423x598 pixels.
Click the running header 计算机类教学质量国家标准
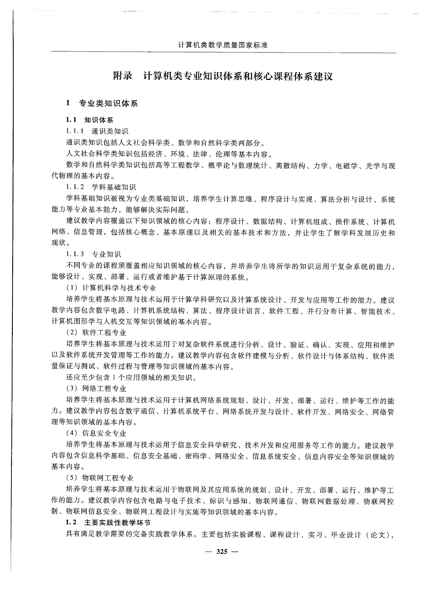pyautogui.click(x=223, y=45)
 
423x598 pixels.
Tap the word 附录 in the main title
pyautogui.click(x=123, y=76)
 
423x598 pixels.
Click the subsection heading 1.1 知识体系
pyautogui.click(x=89, y=120)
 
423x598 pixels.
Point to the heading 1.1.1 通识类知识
pyautogui.click(x=97, y=131)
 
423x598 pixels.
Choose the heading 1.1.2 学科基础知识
pyautogui.click(x=101, y=187)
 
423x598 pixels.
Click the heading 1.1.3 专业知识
pyautogui.click(x=93, y=254)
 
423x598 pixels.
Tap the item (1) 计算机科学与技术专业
pyautogui.click(x=111, y=288)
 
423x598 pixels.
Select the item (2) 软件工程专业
pyautogui.click(x=96, y=333)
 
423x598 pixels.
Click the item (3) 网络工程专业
pyautogui.click(x=96, y=389)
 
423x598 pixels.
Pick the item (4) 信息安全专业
pyautogui.click(x=96, y=433)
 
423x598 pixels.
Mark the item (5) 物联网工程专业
pyautogui.click(x=100, y=478)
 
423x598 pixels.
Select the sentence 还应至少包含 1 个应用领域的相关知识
pyautogui.click(x=131, y=378)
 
